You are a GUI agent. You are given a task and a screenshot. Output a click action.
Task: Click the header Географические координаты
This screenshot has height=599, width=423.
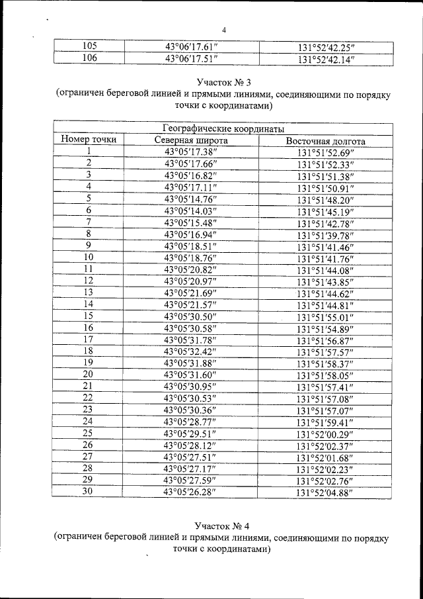(x=223, y=128)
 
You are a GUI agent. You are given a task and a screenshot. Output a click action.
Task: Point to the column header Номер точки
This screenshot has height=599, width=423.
(x=89, y=140)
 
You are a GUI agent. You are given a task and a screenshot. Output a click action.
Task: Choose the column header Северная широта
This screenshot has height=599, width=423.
(x=191, y=141)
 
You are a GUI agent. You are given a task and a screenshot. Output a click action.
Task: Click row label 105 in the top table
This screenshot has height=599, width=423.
(x=89, y=46)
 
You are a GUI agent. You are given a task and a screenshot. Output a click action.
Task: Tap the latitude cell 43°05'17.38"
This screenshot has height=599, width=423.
(x=191, y=152)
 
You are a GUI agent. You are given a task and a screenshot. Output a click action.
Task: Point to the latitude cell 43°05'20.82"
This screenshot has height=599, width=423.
(x=191, y=269)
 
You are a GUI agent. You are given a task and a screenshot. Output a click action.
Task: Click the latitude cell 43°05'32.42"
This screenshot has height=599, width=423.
(x=191, y=351)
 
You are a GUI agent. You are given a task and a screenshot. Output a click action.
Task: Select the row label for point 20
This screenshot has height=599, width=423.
(x=88, y=374)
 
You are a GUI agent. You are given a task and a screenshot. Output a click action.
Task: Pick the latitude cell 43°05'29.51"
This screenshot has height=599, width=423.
(x=191, y=433)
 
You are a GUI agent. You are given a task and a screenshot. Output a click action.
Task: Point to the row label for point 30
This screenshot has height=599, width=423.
(x=88, y=491)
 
